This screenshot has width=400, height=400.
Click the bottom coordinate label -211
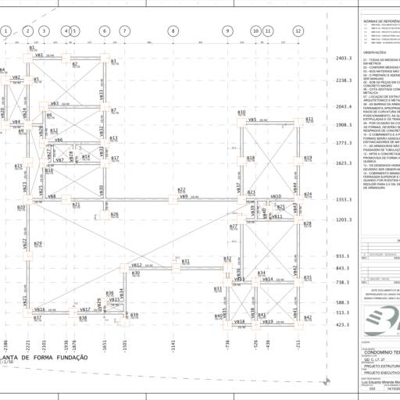[298, 344]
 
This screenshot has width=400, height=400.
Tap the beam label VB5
[252, 120]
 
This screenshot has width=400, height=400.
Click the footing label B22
[181, 190]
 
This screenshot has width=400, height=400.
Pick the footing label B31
[187, 261]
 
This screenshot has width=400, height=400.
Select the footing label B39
[134, 315]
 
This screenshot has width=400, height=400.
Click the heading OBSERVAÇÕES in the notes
[378, 53]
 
